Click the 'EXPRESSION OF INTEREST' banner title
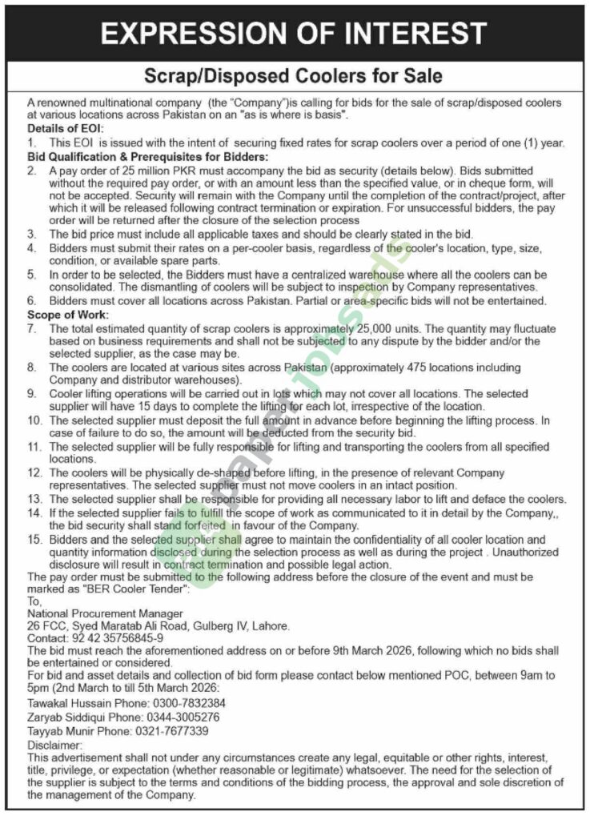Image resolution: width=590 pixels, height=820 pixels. [x=294, y=33]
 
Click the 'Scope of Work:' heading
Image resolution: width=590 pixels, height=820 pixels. [x=66, y=316]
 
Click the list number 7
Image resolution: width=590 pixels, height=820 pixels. [x=32, y=329]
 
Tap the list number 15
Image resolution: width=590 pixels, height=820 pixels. [x=34, y=541]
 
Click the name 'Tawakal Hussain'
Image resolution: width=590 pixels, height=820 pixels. [x=68, y=703]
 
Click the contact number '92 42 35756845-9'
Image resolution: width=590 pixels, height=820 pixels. [x=116, y=637]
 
